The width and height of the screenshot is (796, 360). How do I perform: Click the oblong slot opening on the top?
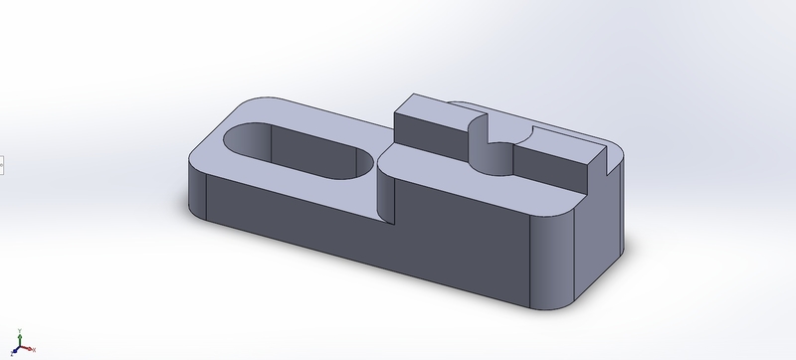click(298, 154)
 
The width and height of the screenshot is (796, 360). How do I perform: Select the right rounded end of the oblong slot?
click(360, 165)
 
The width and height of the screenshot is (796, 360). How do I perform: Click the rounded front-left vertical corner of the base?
click(197, 194)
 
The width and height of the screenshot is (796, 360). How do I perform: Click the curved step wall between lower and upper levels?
click(386, 189)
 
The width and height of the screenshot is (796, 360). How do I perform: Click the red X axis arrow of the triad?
click(35, 351)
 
